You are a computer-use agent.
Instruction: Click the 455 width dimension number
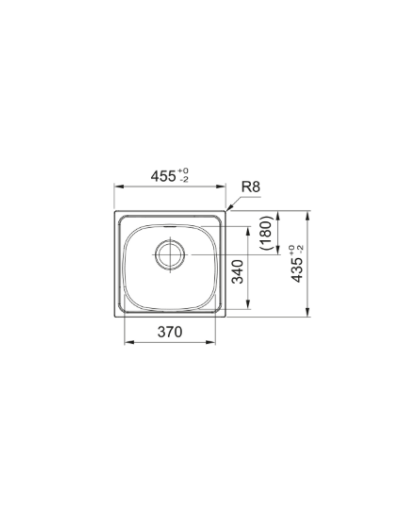click(x=163, y=176)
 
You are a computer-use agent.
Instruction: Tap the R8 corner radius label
click(x=251, y=187)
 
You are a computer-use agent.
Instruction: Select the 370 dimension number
click(x=170, y=332)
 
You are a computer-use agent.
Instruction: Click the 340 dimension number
click(x=237, y=272)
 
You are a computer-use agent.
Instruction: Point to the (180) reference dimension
click(x=266, y=233)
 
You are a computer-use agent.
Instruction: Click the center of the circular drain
click(x=170, y=255)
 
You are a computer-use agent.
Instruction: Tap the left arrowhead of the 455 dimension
click(x=119, y=186)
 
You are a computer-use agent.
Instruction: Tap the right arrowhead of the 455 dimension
click(x=221, y=186)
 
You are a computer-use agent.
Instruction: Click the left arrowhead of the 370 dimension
click(x=129, y=342)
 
